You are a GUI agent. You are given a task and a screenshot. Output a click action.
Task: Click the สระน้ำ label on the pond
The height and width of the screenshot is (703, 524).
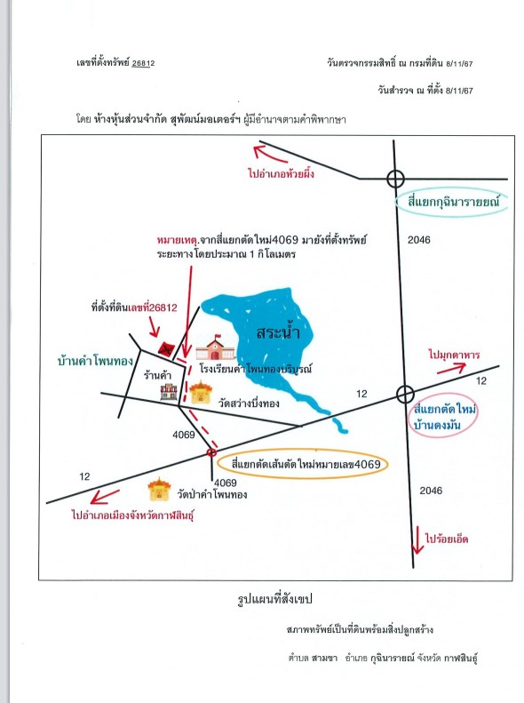pos(278,332)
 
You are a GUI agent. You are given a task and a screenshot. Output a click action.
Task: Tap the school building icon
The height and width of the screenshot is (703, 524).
pos(216,347)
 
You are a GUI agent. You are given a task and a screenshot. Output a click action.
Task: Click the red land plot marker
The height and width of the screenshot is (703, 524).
pos(166,348)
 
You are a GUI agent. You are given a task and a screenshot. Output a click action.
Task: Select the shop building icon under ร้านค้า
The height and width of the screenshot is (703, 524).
pos(169,391)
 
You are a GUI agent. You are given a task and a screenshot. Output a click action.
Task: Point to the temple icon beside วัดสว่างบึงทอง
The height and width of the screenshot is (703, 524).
pos(200,393)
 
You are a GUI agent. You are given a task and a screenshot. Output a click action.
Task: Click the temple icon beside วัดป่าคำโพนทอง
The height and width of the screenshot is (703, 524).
pos(160,490)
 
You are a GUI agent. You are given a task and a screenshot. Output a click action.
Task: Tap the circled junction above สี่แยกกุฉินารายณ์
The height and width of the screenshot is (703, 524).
pos(395,179)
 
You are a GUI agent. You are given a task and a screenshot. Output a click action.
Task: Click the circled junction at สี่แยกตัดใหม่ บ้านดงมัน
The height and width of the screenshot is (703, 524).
pos(405,395)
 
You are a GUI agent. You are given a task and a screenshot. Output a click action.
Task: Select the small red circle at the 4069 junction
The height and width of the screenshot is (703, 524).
pos(211,452)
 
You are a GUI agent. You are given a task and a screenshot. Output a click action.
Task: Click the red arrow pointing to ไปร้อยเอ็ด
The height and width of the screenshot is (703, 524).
pos(417,539)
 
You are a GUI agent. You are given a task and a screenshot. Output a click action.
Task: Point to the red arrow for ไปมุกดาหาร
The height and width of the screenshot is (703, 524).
pos(451,369)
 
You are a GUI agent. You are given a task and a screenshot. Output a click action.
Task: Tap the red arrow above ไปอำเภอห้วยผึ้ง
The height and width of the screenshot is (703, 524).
pos(270,154)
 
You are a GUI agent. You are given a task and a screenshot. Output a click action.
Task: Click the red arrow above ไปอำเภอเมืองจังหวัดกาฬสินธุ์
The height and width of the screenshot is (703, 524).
pos(104,497)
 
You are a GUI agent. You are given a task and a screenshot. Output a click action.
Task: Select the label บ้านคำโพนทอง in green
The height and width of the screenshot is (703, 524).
pos(95,361)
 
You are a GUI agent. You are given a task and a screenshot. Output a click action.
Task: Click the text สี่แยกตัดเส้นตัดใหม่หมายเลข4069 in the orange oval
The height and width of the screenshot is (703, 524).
pos(306,464)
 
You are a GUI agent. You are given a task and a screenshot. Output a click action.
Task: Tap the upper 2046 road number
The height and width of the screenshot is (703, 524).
pos(418,240)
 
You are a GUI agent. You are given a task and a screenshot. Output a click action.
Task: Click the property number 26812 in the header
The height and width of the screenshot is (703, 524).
pos(143,63)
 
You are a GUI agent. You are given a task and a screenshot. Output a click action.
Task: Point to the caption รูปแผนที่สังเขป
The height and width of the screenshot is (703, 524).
pos(274,599)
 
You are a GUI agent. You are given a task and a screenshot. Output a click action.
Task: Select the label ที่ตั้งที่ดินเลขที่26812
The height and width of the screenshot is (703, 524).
pos(134,308)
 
